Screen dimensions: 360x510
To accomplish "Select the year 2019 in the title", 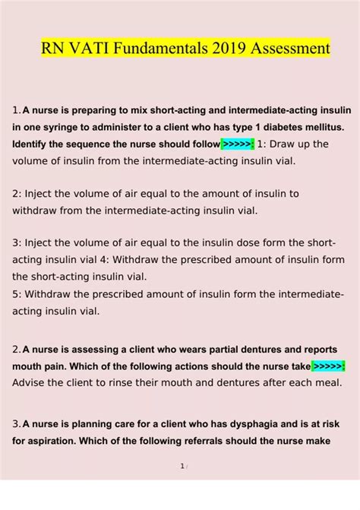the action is [214, 48].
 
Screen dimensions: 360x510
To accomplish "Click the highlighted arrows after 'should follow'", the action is [238, 144].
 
